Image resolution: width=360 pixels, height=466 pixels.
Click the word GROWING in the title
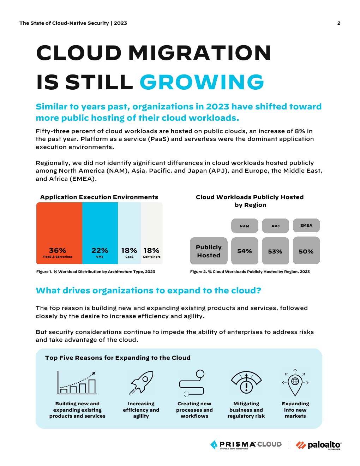[202, 82]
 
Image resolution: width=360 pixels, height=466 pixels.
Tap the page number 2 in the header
[339, 23]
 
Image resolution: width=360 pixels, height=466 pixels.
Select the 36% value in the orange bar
[58, 250]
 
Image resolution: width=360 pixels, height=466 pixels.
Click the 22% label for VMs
[100, 250]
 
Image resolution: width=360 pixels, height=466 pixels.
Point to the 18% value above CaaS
[129, 250]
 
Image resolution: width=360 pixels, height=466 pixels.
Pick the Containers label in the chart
[152, 257]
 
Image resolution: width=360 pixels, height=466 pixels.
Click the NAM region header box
[245, 226]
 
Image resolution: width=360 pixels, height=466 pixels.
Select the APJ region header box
[275, 226]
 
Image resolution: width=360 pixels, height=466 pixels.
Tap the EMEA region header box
[306, 226]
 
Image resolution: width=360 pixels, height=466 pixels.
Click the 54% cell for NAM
[245, 251]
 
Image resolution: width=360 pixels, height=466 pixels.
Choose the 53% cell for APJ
[275, 251]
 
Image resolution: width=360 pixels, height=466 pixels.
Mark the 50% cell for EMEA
[306, 251]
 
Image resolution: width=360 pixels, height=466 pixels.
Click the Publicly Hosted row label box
[209, 251]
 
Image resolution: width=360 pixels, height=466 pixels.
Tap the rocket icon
[141, 382]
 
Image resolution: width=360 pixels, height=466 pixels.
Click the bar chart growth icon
[77, 383]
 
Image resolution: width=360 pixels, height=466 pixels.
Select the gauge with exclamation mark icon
[246, 383]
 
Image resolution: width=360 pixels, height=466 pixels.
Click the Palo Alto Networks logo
[318, 445]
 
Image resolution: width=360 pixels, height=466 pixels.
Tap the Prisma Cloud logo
[246, 445]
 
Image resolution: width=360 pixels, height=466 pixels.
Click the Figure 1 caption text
[96, 271]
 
